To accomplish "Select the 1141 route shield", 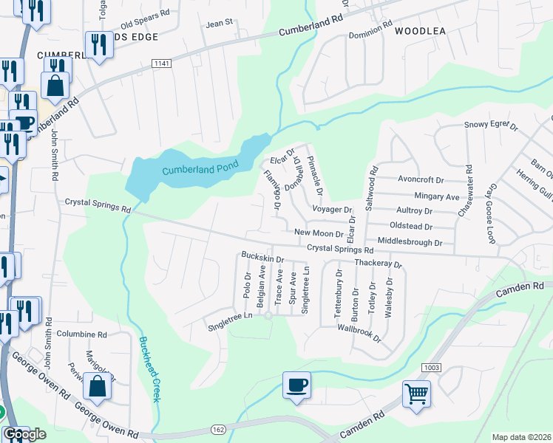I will [x=162, y=64].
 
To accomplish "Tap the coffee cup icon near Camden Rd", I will [x=296, y=385].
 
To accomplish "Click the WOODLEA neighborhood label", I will [x=421, y=31].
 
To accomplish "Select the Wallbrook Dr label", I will [x=358, y=332].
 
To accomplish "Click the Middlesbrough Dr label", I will [x=410, y=241].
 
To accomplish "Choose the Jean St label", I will [x=219, y=24].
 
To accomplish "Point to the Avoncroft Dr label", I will [x=420, y=179].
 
